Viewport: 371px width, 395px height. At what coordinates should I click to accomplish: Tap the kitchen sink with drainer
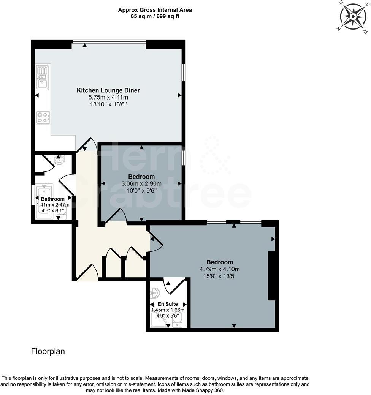pyautogui.click(x=42, y=77)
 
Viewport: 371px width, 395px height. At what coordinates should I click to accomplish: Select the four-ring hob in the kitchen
pyautogui.click(x=43, y=117)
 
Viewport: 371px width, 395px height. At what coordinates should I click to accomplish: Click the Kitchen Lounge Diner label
pyautogui.click(x=108, y=90)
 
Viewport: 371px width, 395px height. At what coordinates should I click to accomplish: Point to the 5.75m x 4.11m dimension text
pyautogui.click(x=108, y=97)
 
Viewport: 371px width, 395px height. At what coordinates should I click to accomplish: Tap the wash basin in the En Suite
pyautogui.click(x=155, y=293)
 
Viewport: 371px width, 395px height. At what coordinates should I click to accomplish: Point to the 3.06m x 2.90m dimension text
pyautogui.click(x=141, y=183)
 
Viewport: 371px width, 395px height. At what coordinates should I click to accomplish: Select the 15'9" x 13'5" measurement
pyautogui.click(x=220, y=276)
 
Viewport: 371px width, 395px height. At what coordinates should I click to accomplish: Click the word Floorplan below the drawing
pyautogui.click(x=48, y=351)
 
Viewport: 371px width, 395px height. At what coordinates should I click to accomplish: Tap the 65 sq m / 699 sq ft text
pyautogui.click(x=155, y=16)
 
